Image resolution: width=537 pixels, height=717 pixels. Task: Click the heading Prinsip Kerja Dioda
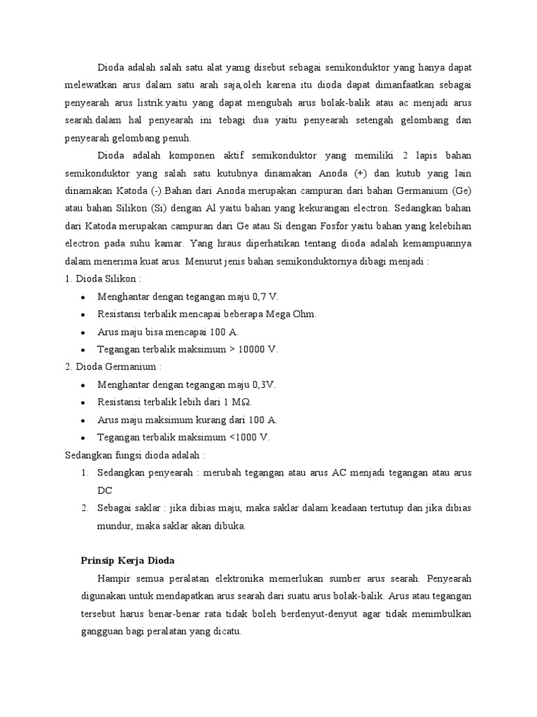127,560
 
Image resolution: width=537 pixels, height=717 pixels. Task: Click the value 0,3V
263,384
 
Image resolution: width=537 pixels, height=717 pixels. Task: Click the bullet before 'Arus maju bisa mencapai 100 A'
83,332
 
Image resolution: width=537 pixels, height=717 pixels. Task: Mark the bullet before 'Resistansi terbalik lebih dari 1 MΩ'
83,403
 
